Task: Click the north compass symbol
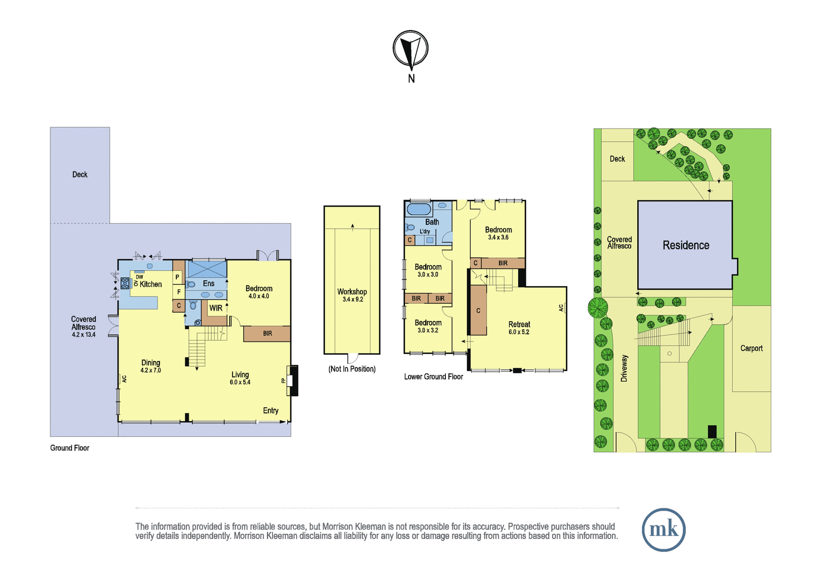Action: coord(411,49)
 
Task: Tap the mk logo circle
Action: coord(663,529)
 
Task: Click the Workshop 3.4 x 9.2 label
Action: coord(352,295)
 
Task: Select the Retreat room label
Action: coord(519,324)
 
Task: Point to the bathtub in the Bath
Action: coord(419,209)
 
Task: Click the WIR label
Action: coord(216,308)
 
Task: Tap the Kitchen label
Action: coord(151,284)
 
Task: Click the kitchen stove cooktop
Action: coord(125,283)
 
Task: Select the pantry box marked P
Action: coord(178,277)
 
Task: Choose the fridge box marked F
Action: coord(179,292)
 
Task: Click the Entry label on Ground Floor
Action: coord(270,410)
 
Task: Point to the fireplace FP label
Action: coord(283,381)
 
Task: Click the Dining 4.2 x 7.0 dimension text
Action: coord(151,370)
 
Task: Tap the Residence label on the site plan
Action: coord(686,245)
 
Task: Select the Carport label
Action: coord(751,348)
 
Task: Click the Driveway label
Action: coord(624,368)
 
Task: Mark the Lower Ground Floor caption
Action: coord(434,376)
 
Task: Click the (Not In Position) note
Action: coord(352,369)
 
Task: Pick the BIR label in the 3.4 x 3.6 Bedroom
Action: coord(503,263)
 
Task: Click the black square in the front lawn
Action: coord(712,431)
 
